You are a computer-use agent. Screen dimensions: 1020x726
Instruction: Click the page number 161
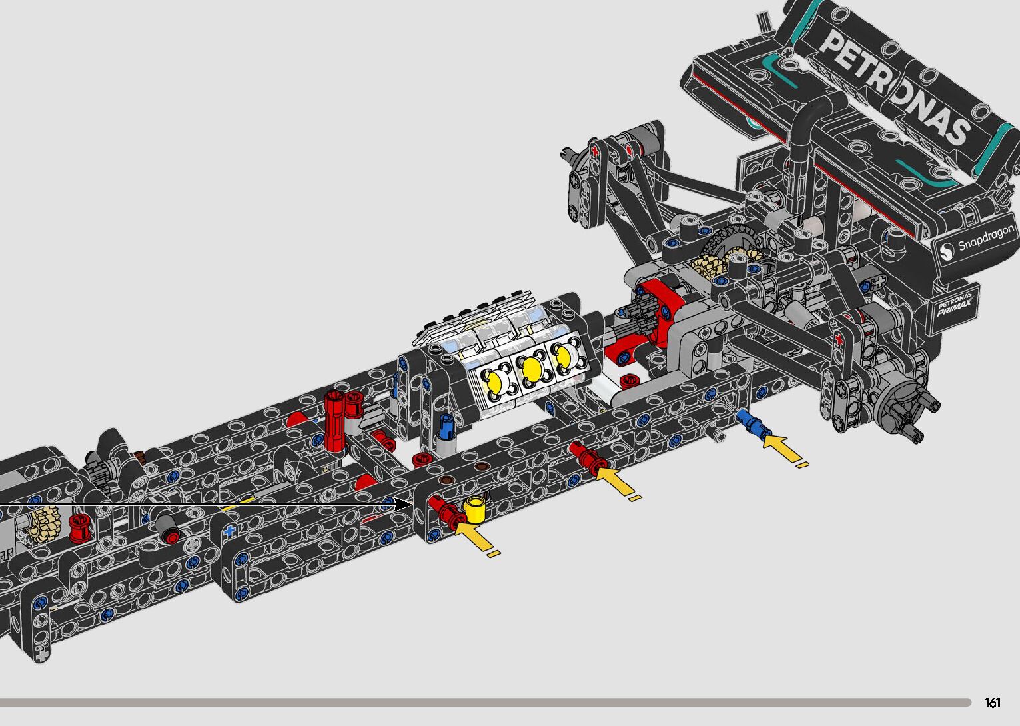point(992,702)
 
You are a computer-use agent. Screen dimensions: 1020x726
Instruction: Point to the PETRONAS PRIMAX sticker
point(955,305)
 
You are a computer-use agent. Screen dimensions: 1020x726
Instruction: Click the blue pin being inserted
point(753,424)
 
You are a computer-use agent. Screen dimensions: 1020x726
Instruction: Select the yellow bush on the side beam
point(476,509)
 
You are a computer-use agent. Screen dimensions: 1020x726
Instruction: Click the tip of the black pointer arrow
point(412,505)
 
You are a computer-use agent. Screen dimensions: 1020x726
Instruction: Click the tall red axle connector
point(334,422)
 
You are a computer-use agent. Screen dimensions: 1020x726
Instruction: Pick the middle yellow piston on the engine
point(531,369)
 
